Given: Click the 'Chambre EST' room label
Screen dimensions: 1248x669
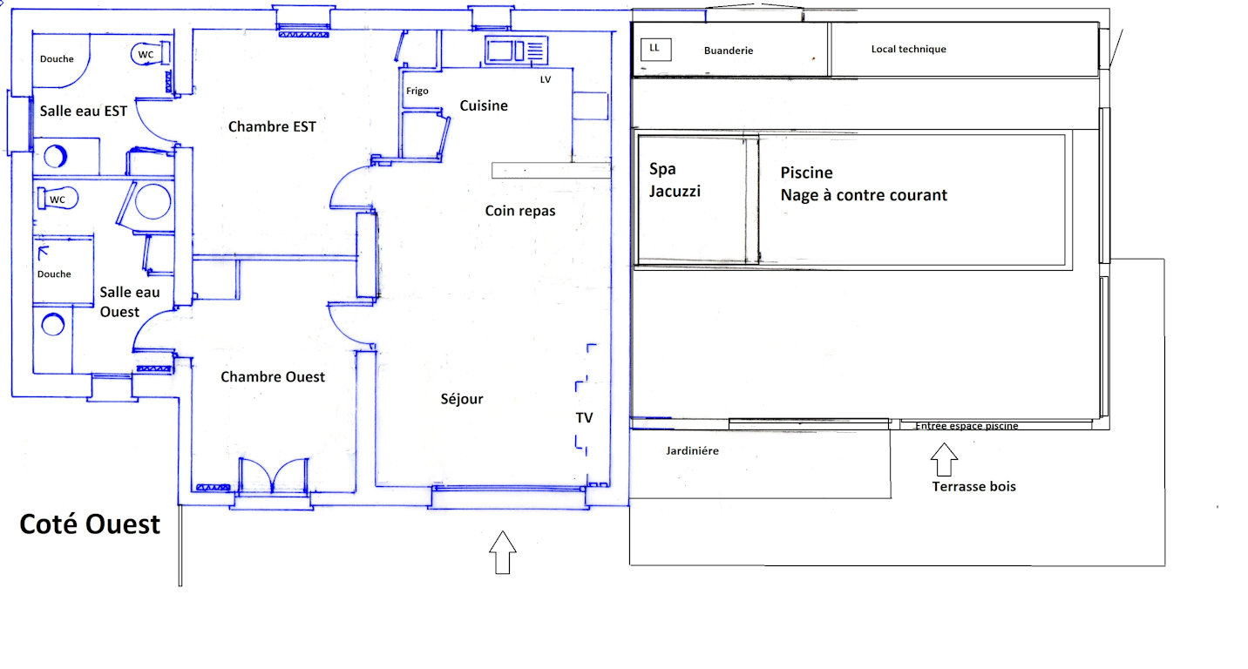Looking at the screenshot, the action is [x=272, y=127].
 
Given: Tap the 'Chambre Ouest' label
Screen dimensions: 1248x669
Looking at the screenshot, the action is [x=273, y=377].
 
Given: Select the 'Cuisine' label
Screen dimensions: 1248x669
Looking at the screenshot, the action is [x=484, y=105].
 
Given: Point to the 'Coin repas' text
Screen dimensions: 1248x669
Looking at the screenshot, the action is [x=519, y=211].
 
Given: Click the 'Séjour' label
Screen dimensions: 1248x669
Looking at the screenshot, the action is [x=462, y=399].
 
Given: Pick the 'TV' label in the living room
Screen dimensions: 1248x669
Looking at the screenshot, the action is [x=584, y=418].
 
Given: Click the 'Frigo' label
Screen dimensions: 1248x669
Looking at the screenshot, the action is [x=417, y=91].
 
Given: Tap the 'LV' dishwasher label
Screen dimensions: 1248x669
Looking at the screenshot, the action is [x=546, y=79].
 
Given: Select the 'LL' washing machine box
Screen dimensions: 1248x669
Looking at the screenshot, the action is [x=655, y=50].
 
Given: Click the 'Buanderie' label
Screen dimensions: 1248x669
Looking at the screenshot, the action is [x=729, y=51].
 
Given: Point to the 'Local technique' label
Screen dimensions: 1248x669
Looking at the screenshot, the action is [x=909, y=49].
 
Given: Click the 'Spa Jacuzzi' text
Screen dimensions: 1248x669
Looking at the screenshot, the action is [x=675, y=180].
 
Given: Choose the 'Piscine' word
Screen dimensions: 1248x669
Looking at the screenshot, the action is [x=806, y=172].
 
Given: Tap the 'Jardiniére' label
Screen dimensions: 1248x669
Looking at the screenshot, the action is [x=692, y=450].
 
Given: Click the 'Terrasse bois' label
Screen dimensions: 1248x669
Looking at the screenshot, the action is [x=973, y=487].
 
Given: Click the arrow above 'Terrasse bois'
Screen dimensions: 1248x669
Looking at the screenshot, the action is [x=944, y=460].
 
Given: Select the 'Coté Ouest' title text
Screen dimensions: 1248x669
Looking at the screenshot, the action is [x=90, y=524].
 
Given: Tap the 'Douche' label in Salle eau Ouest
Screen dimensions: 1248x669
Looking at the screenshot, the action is [x=54, y=274].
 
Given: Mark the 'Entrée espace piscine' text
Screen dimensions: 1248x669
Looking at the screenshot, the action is [x=967, y=426].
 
